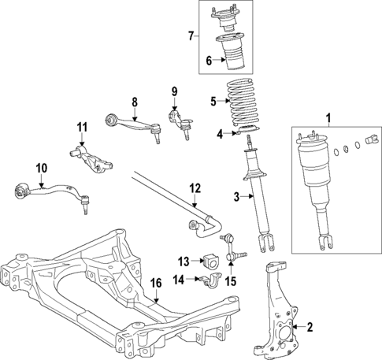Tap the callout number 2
point(310,326)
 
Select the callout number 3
point(235,196)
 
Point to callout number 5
point(212,101)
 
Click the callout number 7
point(191,35)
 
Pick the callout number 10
point(41,168)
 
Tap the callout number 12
point(195,188)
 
